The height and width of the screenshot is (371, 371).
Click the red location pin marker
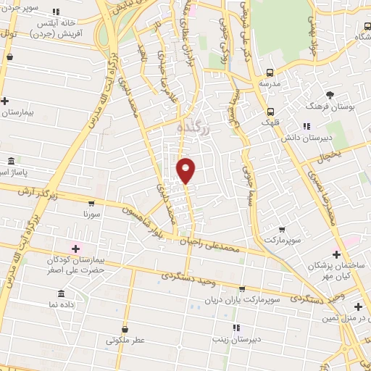[186, 170]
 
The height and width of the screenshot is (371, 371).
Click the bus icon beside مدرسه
[270, 72]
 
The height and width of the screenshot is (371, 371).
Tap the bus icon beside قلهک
[270, 112]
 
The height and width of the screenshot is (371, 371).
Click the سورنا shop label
[92, 214]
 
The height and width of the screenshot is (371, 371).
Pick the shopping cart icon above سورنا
[92, 204]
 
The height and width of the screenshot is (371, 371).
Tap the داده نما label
[59, 304]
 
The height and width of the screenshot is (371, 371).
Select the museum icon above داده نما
[60, 293]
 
